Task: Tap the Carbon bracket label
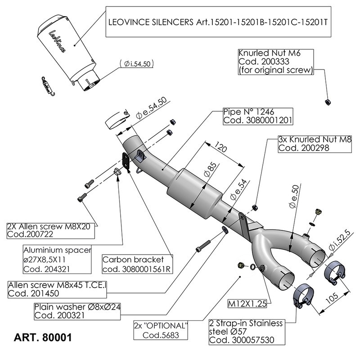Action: click(138, 265)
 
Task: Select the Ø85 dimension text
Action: click(208, 173)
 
